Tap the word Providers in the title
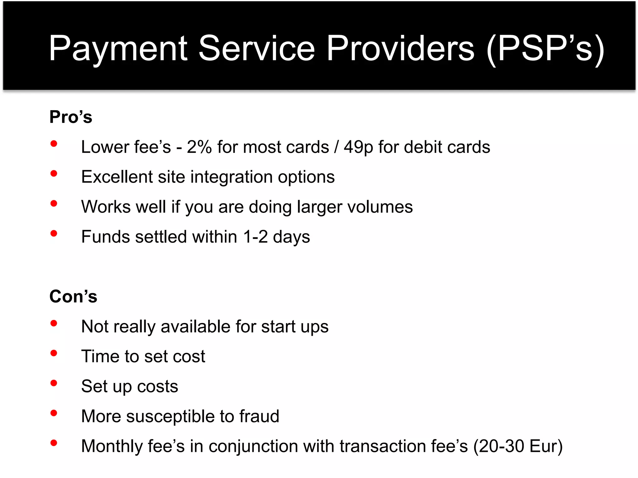pos(400,48)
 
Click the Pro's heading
pos(71,117)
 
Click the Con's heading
pos(73,296)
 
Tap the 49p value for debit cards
pos(358,148)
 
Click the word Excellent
pos(117,177)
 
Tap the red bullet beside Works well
pos(54,204)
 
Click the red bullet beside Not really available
pos(54,323)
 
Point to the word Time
pos(100,356)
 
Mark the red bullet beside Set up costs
pos(54,383)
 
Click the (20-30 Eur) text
pos(518,446)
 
